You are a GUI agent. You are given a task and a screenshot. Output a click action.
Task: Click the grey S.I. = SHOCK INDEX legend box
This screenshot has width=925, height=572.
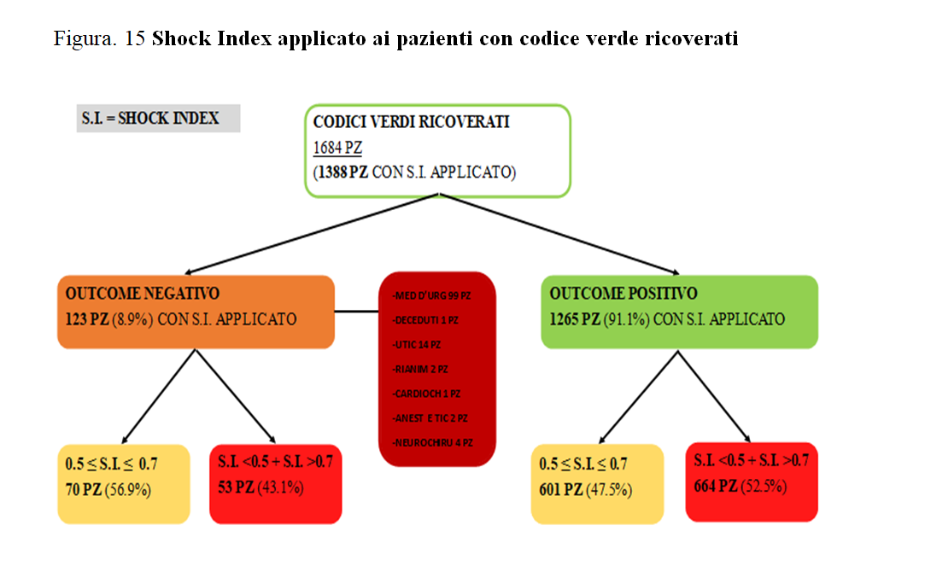tap(159, 119)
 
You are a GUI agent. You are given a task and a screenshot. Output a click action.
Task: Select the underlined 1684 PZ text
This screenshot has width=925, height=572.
tap(337, 148)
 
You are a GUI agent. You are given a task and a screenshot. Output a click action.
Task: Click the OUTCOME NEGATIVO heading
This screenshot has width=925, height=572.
tap(143, 294)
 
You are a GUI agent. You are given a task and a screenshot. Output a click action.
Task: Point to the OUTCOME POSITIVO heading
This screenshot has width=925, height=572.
tap(623, 294)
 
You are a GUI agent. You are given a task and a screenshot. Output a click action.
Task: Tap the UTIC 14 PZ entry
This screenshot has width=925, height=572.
tap(419, 344)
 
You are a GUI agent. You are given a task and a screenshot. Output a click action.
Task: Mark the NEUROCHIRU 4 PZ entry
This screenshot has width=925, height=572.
tap(433, 443)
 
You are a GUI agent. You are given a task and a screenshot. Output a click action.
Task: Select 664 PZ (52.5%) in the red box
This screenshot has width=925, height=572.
tap(740, 487)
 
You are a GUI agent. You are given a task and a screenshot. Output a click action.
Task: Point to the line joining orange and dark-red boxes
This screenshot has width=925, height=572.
tap(355, 312)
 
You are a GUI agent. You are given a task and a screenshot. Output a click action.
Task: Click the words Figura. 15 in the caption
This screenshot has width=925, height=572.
tap(99, 39)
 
